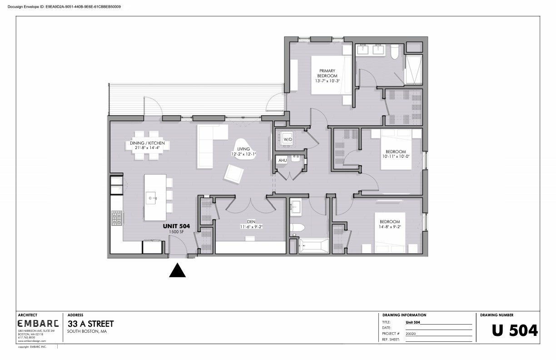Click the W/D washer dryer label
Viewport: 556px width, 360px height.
pos(287,139)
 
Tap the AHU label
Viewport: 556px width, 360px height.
pos(283,160)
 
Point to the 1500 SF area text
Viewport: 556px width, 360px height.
pos(176,232)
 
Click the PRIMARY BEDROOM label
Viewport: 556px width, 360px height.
pos(327,73)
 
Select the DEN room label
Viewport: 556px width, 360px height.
pos(252,221)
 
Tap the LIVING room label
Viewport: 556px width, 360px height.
pos(243,149)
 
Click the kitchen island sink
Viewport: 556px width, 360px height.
pos(151,197)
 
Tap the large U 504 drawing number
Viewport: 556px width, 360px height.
pos(515,330)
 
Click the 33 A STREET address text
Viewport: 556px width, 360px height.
pos(90,324)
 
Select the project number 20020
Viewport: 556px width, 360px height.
pos(411,333)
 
